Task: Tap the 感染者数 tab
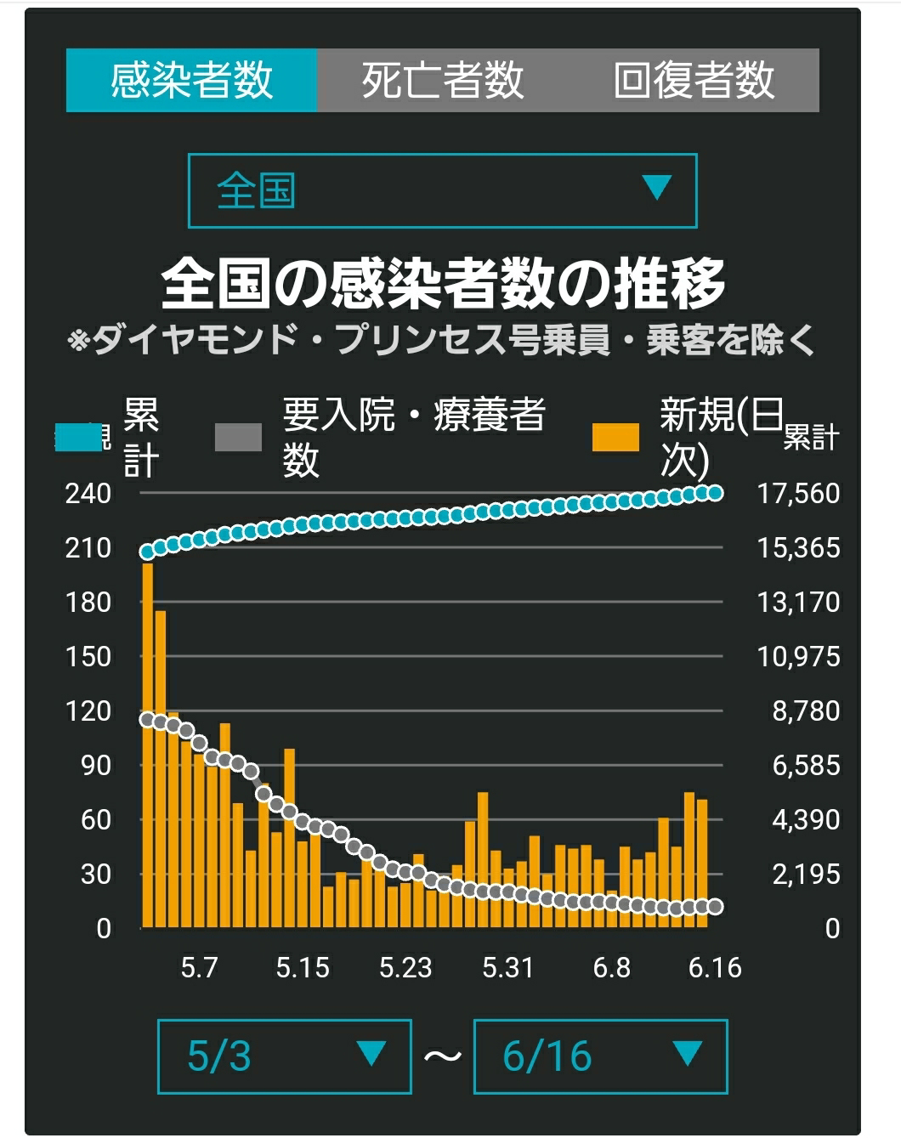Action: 191,81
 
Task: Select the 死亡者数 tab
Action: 443,81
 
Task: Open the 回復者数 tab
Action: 694,81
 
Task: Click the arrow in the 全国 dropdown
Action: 656,187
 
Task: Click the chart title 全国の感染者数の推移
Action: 443,284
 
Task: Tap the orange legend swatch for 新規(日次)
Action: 615,438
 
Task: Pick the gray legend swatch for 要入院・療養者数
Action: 238,438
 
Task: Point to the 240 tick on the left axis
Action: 88,494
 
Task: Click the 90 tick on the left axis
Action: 96,766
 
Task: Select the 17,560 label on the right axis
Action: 799,494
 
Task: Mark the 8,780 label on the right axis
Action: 806,711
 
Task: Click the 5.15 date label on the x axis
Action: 303,968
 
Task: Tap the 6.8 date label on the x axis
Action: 612,968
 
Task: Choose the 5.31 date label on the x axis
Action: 508,968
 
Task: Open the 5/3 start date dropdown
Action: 285,1056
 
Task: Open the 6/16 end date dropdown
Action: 600,1056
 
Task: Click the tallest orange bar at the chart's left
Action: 148,745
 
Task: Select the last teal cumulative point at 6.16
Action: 716,494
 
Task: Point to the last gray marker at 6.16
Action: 716,907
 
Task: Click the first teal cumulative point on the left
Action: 147,552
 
